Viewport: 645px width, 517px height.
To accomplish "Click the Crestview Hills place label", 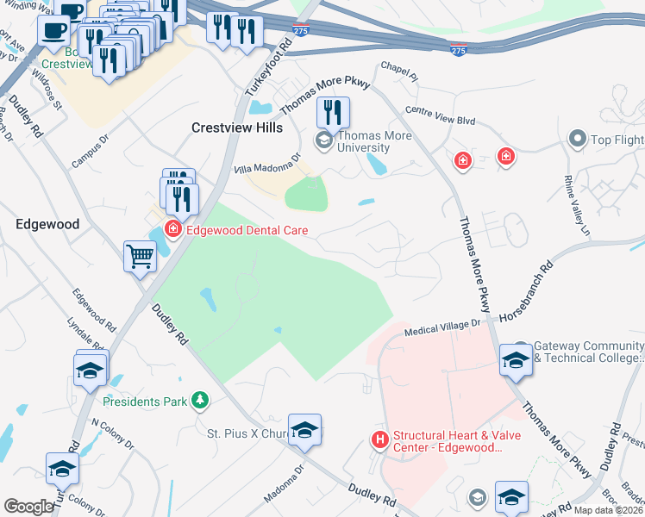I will (236, 127).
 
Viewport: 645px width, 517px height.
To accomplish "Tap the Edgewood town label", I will (48, 224).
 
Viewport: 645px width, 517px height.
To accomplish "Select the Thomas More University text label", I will (374, 142).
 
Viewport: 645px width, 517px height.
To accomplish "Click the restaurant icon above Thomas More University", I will (332, 113).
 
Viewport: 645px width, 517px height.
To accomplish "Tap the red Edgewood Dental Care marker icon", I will (172, 229).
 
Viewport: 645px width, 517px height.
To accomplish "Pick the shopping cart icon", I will (140, 256).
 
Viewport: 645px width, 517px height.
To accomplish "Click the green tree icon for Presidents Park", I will (199, 401).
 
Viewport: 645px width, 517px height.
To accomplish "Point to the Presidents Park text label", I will (143, 402).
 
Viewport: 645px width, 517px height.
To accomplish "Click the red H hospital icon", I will (379, 440).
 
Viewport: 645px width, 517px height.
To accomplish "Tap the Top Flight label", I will (616, 139).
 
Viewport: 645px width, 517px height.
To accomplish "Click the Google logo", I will (28, 507).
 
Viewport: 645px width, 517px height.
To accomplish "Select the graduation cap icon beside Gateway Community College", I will (516, 359).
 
